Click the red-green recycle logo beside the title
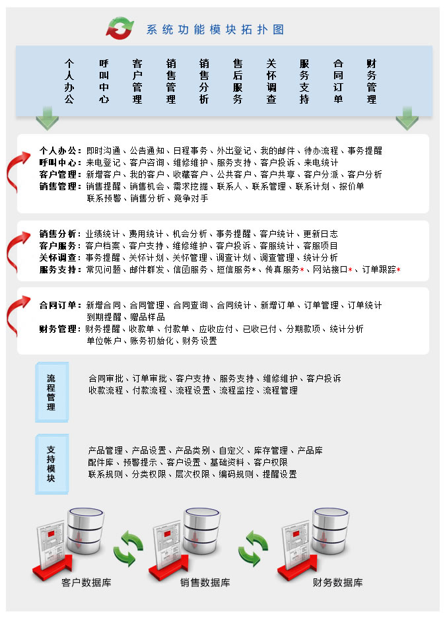[120, 28]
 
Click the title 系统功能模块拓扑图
[215, 30]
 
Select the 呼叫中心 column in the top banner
[104, 81]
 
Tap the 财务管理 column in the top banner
[372, 81]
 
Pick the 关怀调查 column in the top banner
[271, 81]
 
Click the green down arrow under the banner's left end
[47, 118]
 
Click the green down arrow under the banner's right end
[407, 118]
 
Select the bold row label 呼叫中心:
[60, 162]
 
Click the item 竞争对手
[191, 198]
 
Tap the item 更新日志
[320, 234]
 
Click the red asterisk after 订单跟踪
[398, 269]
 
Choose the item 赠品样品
[147, 317]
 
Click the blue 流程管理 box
[51, 392]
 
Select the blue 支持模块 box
[51, 464]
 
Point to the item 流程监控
[236, 391]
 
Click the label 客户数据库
[86, 582]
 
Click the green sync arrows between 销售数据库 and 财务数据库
[253, 548]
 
